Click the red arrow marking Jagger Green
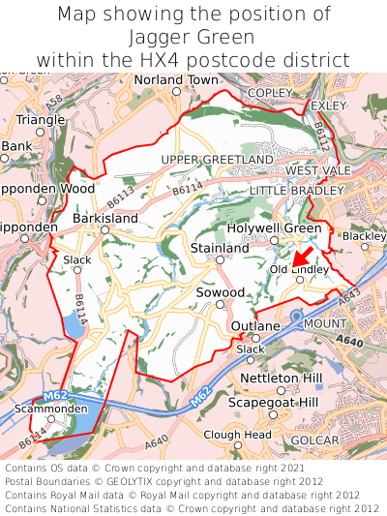click(x=304, y=256)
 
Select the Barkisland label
click(x=105, y=219)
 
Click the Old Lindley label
click(x=300, y=268)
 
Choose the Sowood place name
click(x=220, y=291)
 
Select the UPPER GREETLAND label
click(x=217, y=159)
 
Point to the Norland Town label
click(x=176, y=79)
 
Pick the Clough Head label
click(x=237, y=435)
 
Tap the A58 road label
click(x=55, y=100)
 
